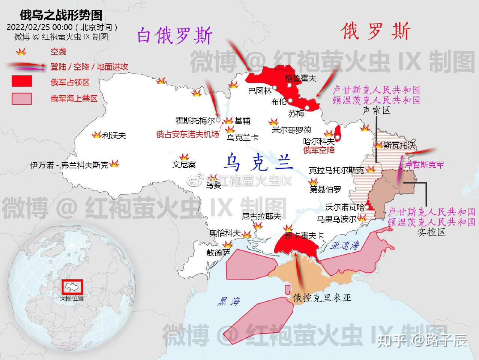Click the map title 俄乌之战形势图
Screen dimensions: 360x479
tap(61, 15)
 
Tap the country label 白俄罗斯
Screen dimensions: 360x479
tap(175, 36)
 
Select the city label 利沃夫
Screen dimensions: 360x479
tap(114, 135)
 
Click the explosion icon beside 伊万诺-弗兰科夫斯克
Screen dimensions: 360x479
tap(114, 163)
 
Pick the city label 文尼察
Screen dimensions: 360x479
tap(184, 165)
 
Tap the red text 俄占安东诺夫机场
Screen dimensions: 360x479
tap(188, 134)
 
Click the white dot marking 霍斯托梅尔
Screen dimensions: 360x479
tap(218, 120)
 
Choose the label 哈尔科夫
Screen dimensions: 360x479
tap(319, 142)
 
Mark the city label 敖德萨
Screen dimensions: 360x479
tap(218, 252)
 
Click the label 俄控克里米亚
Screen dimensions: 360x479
tap(322, 298)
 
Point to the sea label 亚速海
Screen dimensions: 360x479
tap(345, 246)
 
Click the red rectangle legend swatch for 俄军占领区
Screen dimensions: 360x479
tap(22, 81)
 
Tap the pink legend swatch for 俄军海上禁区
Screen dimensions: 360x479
tap(22, 99)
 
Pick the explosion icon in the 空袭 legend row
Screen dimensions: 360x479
tap(21, 52)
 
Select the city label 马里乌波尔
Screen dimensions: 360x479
tap(336, 219)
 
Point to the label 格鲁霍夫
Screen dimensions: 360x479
tap(300, 78)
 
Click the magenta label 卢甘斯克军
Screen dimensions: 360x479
tap(424, 165)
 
